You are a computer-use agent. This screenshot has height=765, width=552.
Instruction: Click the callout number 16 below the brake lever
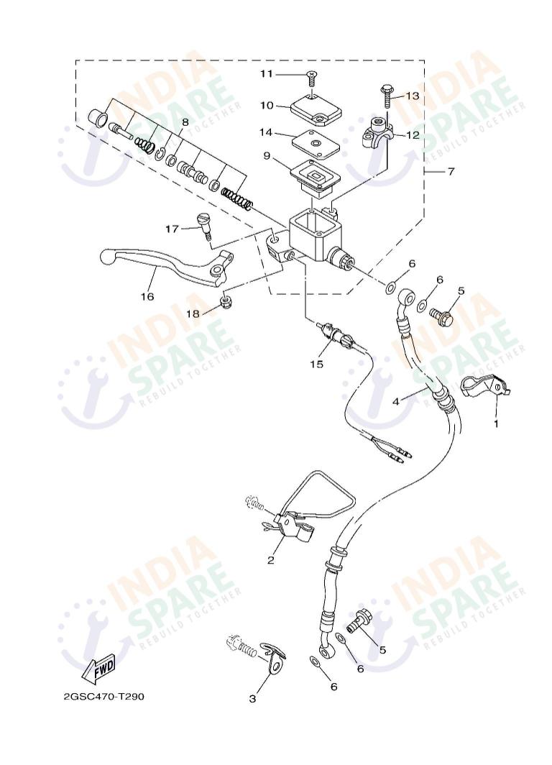tap(148, 296)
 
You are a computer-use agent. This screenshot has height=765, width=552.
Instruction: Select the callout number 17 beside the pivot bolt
tap(172, 229)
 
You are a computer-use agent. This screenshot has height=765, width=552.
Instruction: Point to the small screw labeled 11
tap(311, 74)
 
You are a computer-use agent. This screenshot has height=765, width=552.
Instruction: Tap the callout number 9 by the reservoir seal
tap(267, 155)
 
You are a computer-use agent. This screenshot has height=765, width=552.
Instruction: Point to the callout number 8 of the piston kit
tap(185, 122)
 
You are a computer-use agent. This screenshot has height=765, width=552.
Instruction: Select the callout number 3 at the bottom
tap(252, 698)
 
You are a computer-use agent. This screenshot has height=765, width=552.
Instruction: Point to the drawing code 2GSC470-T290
tap(108, 697)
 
